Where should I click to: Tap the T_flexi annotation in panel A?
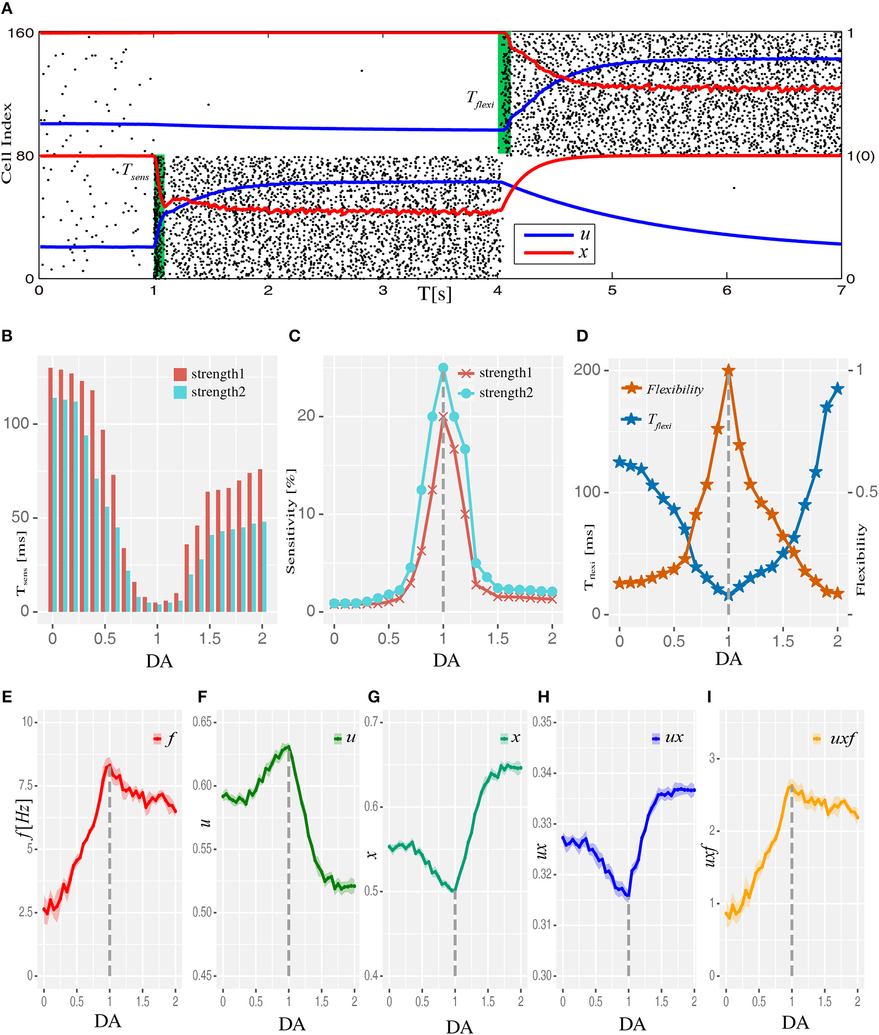pyautogui.click(x=480, y=99)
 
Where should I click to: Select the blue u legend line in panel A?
pyautogui.click(x=548, y=235)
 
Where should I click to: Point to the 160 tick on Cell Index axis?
pyautogui.click(x=20, y=33)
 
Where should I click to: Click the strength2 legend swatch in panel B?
pyautogui.click(x=180, y=392)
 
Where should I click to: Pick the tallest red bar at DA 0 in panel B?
pyautogui.click(x=50, y=488)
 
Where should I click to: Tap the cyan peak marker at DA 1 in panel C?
pyautogui.click(x=443, y=368)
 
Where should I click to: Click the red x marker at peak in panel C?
pyautogui.click(x=443, y=417)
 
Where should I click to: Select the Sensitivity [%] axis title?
pyautogui.click(x=291, y=521)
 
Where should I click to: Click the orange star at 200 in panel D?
pyautogui.click(x=728, y=370)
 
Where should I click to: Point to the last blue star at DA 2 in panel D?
pyautogui.click(x=838, y=388)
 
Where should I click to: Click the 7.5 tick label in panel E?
pyautogui.click(x=26, y=786)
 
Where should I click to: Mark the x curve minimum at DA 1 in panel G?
pyautogui.click(x=454, y=891)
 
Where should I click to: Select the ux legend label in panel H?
pyautogui.click(x=674, y=737)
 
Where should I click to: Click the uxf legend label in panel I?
pyautogui.click(x=842, y=738)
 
